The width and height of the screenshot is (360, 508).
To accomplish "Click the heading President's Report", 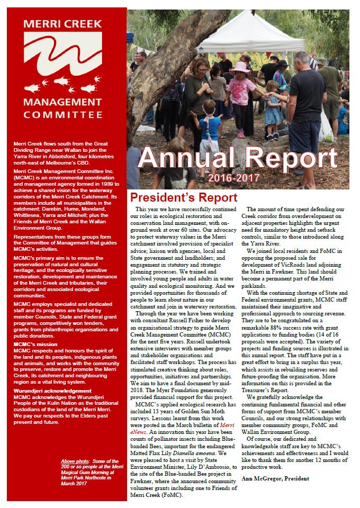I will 184,198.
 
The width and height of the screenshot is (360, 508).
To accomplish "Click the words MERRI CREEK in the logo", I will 64,24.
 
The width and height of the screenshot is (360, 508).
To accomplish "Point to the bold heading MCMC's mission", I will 35,344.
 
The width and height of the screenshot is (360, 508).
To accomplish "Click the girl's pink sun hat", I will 239,67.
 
